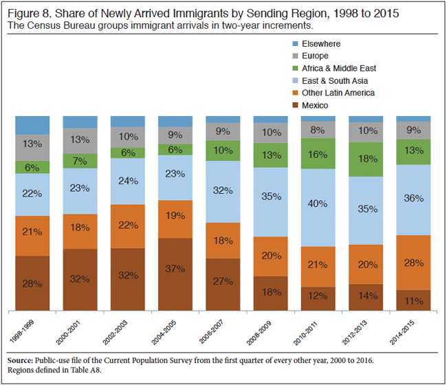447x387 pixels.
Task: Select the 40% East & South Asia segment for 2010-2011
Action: tap(318, 203)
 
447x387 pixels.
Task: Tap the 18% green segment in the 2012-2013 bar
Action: tap(366, 159)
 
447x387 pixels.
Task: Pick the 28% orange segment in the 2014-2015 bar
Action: tap(413, 262)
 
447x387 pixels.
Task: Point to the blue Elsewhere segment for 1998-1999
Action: tap(33, 125)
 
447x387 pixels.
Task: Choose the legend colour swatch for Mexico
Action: tap(296, 105)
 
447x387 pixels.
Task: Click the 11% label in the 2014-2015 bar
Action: tap(414, 300)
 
